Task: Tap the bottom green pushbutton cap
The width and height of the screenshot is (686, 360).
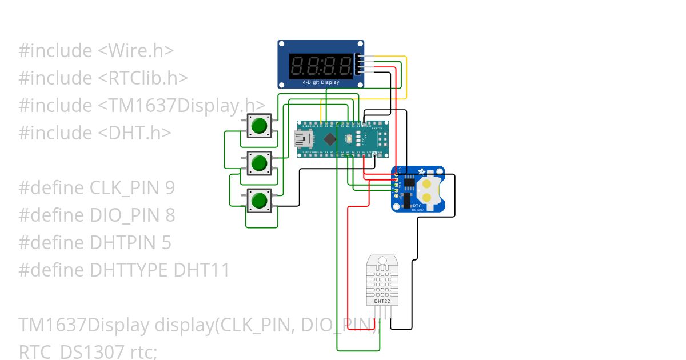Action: (x=260, y=201)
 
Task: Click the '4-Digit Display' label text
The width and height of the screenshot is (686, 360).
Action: (x=321, y=82)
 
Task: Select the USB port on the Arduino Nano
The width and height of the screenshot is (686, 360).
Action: (x=301, y=138)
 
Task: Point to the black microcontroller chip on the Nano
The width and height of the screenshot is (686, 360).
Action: (x=330, y=138)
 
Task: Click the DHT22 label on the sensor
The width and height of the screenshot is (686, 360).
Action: (x=382, y=301)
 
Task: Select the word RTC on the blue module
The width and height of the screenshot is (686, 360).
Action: (x=417, y=205)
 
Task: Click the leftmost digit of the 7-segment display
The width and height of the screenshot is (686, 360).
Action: (x=297, y=66)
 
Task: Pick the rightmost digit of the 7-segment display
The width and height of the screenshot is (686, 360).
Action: (x=345, y=66)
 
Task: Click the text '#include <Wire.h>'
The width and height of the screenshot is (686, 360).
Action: (x=96, y=51)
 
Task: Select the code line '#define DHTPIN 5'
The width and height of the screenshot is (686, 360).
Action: (x=95, y=243)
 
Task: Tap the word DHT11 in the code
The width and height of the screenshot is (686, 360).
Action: (x=203, y=270)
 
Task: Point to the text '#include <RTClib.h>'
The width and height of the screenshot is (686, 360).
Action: (x=103, y=78)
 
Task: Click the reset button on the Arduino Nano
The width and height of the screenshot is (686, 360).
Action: (x=349, y=139)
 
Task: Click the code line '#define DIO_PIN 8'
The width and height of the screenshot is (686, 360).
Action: (x=97, y=215)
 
